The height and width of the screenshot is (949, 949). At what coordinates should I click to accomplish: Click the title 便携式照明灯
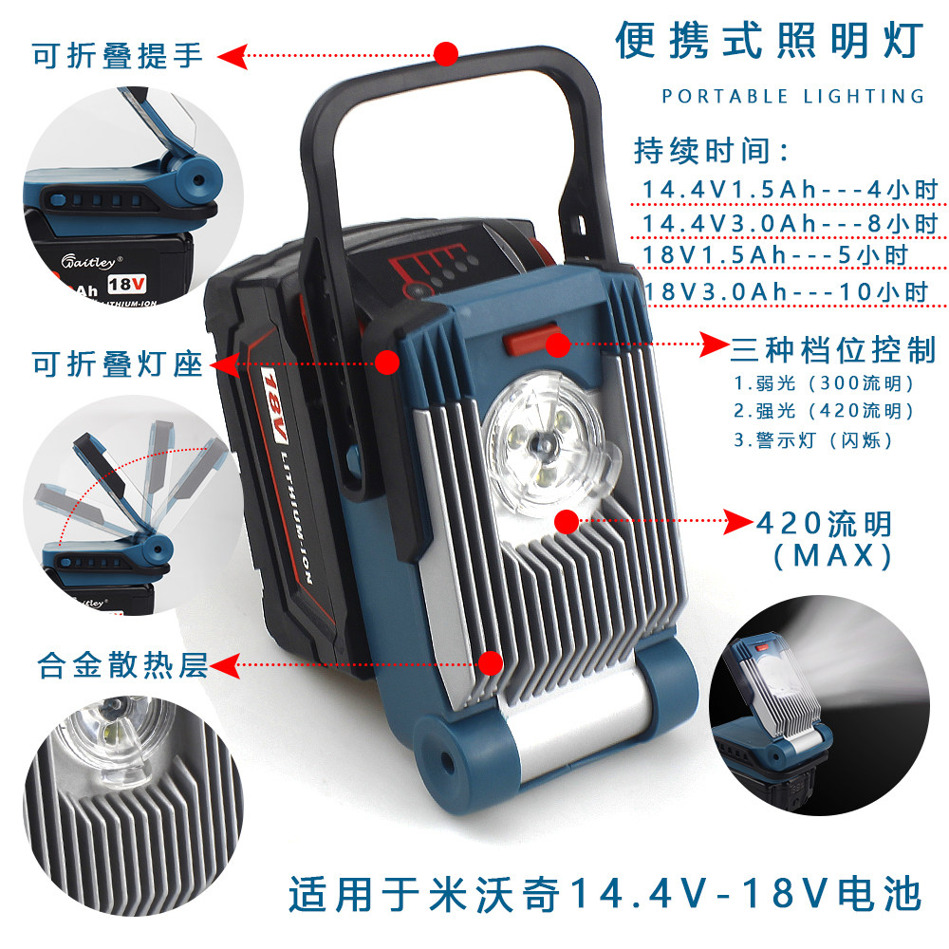pyautogui.click(x=770, y=41)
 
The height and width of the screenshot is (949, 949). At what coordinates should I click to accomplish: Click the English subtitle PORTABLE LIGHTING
pyautogui.click(x=793, y=96)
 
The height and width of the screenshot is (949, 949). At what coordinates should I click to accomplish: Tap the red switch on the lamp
pyautogui.click(x=531, y=340)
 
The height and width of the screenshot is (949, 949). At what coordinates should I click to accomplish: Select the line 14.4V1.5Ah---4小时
pyautogui.click(x=790, y=190)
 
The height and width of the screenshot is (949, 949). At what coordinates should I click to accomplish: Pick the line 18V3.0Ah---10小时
pyautogui.click(x=786, y=291)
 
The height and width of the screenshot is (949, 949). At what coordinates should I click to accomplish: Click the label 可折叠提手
pyautogui.click(x=118, y=56)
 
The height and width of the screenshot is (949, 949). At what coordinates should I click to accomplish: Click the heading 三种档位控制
pyautogui.click(x=833, y=349)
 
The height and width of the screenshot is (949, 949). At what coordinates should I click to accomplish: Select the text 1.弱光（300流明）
pyautogui.click(x=824, y=383)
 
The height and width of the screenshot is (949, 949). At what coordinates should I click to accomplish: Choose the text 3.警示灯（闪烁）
pyautogui.click(x=813, y=440)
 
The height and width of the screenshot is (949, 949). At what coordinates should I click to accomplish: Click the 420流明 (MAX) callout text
pyautogui.click(x=825, y=539)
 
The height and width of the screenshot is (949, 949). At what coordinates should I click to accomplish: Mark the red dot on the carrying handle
pyautogui.click(x=446, y=54)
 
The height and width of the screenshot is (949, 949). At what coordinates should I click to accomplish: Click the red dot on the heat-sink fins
pyautogui.click(x=491, y=663)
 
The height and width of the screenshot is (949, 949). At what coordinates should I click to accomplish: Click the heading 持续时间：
pyautogui.click(x=711, y=150)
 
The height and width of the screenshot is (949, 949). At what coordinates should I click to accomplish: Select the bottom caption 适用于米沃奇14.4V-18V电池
pyautogui.click(x=605, y=894)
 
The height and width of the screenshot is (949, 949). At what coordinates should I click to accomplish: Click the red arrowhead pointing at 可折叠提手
pyautogui.click(x=233, y=56)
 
